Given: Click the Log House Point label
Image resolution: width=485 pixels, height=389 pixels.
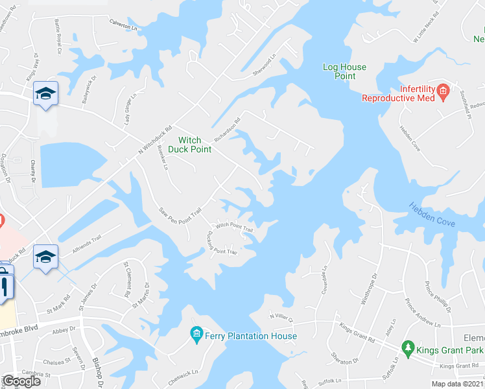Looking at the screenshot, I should (x=344, y=71).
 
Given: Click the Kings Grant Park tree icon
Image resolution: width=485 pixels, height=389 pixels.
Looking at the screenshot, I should (x=407, y=349).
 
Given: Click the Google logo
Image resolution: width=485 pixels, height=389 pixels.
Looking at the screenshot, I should (x=21, y=381).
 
